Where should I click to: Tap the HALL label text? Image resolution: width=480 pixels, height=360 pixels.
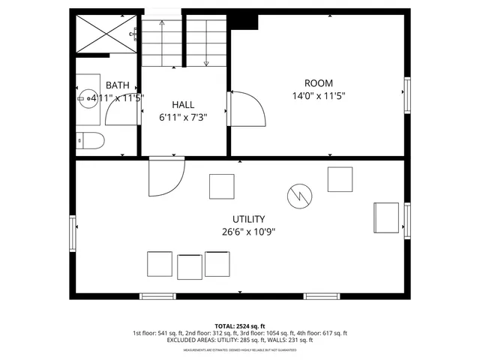pyautogui.click(x=183, y=104)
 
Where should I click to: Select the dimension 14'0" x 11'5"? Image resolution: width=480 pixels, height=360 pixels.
pyautogui.click(x=318, y=96)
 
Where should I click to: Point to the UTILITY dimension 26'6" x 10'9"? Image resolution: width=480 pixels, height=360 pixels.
pyautogui.click(x=248, y=232)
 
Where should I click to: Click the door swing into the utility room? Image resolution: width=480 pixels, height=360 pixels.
pyautogui.click(x=165, y=177)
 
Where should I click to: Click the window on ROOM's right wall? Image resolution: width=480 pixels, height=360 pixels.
pyautogui.click(x=408, y=94)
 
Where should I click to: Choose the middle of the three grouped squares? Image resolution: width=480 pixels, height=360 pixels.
pyautogui.click(x=190, y=266)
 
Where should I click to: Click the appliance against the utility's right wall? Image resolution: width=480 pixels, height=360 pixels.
pyautogui.click(x=387, y=217)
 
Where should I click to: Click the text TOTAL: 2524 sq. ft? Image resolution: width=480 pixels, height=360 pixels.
pyautogui.click(x=240, y=325)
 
